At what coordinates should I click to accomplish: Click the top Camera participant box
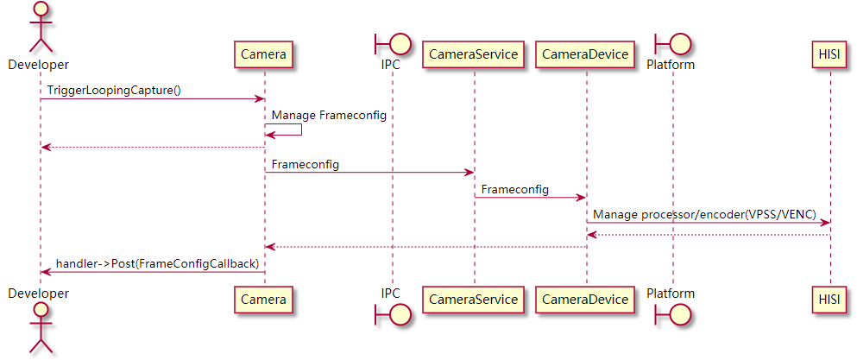[263, 55]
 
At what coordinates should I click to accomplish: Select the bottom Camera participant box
[263, 300]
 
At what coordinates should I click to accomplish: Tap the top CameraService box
[474, 55]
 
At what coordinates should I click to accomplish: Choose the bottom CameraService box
[474, 300]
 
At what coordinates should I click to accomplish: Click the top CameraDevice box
[586, 55]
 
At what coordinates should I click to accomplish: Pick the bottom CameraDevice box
[586, 300]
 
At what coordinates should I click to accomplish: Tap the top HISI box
[830, 55]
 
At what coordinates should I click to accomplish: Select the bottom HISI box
[830, 300]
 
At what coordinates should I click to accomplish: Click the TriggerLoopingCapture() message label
[114, 90]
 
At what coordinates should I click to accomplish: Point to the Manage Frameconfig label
[329, 115]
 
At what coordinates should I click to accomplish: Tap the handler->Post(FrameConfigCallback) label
[158, 262]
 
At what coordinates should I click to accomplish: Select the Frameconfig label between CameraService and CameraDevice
[514, 188]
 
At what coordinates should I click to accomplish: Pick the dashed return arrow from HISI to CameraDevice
[708, 234]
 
